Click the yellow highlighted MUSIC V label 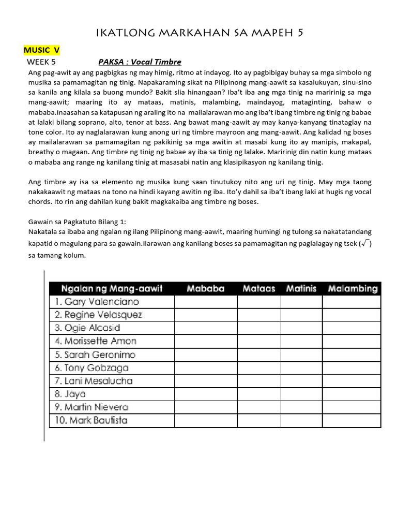41,50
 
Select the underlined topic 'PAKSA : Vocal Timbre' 140,62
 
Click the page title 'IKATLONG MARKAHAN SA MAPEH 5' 200,33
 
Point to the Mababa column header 206,288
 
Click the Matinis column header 301,288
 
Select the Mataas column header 258,288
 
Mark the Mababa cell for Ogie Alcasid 206,328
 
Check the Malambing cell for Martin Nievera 352,407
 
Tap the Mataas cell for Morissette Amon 258,341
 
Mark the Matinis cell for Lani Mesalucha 301,381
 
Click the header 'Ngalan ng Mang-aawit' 112,288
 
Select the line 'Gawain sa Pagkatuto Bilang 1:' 81,221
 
